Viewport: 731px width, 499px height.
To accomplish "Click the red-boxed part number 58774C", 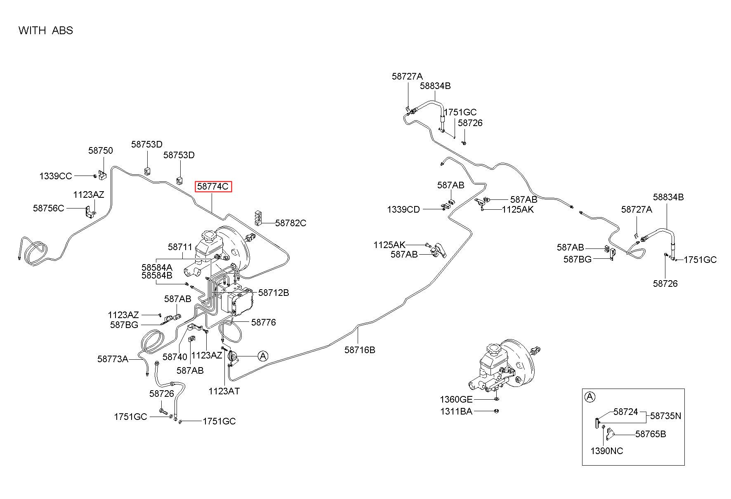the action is tap(213, 187).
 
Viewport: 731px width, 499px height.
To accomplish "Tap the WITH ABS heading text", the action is tap(46, 30).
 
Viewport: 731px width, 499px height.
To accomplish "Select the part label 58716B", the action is tap(360, 350).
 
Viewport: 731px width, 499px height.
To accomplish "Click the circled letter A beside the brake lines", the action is tap(263, 356).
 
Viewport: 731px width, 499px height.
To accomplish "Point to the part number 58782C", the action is tap(291, 223).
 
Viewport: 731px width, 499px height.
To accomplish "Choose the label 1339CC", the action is tap(56, 176).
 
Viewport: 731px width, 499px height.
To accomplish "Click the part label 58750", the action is tap(100, 151).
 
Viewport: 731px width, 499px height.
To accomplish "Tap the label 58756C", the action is tap(49, 208).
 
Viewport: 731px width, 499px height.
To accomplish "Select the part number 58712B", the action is tap(274, 293).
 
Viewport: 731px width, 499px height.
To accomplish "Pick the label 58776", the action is tap(264, 322).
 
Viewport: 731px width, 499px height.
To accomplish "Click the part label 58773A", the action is tap(113, 359).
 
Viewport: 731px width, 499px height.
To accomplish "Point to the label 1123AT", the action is tap(224, 391).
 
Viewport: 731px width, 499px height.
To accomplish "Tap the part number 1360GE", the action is tap(456, 399).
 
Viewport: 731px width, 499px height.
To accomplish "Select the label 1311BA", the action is tap(456, 411).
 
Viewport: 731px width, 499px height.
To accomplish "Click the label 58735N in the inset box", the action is tap(666, 416).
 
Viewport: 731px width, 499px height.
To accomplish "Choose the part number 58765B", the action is tap(651, 434).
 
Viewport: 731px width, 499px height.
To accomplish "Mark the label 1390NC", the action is tap(607, 451).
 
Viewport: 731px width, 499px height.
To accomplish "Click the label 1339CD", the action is tap(403, 209).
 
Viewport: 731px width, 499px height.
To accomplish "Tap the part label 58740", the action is tap(175, 357).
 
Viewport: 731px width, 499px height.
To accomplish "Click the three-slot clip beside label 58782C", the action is tap(258, 218).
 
